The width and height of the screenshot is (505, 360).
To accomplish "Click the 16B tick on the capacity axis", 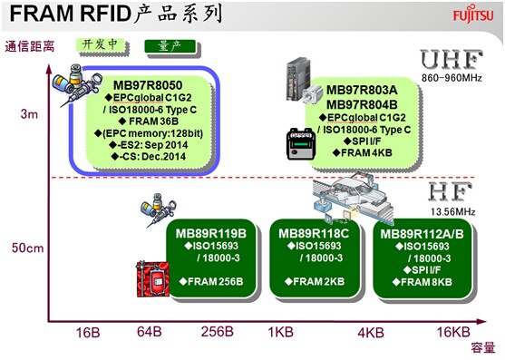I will point(89,333).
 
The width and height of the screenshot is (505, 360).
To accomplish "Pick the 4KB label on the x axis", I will point(372,333).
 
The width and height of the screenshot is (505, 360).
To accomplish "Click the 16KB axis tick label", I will point(452,333).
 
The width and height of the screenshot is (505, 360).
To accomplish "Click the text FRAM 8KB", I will point(423,282).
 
